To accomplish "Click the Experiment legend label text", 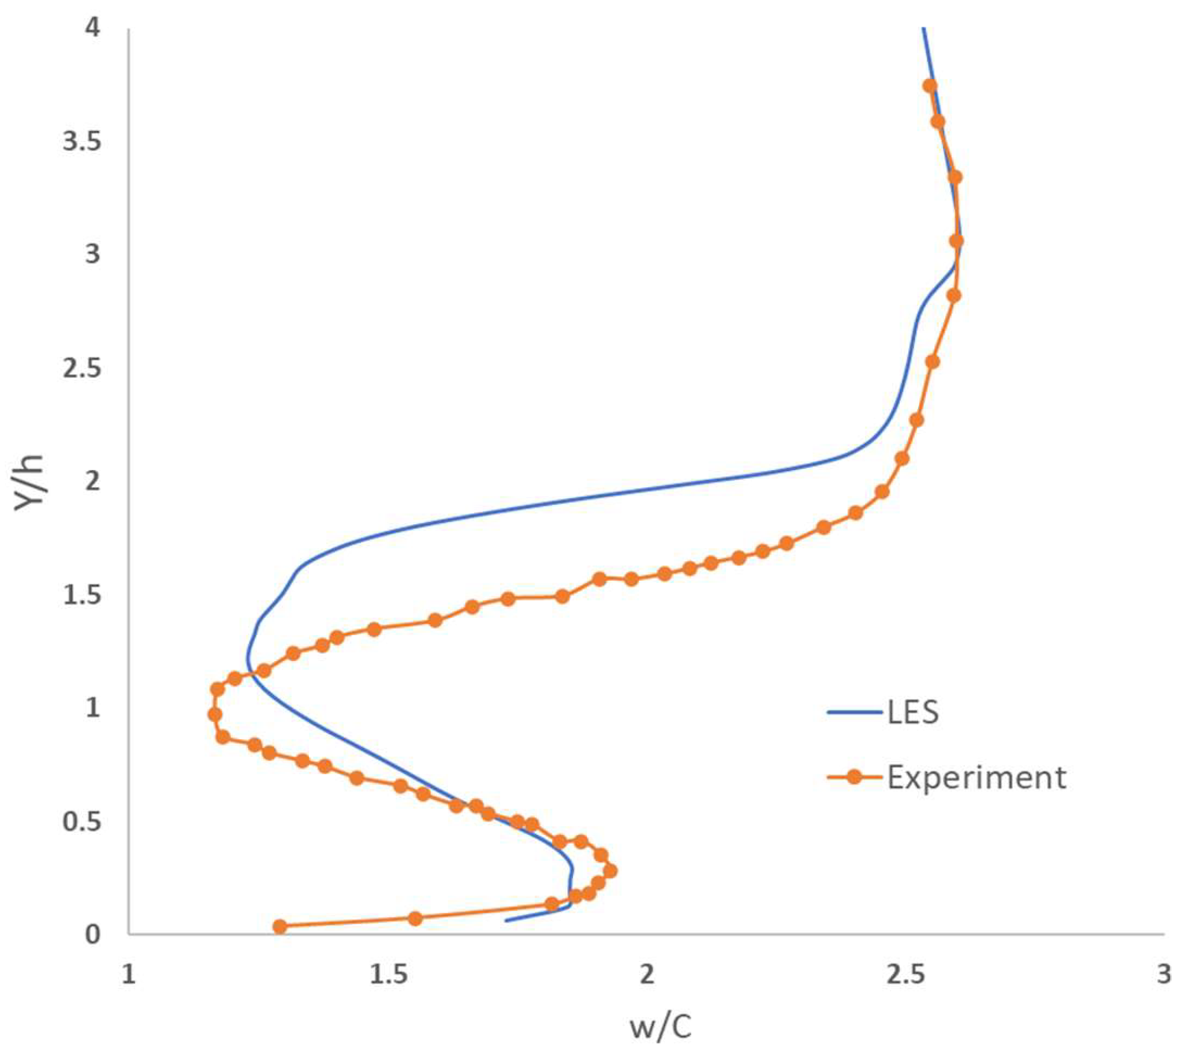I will point(977,777).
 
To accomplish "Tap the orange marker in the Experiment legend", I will point(854,777).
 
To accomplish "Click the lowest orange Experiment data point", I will point(280,926).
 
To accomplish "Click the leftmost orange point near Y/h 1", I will point(215,714).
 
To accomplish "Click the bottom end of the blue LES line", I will point(506,920).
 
